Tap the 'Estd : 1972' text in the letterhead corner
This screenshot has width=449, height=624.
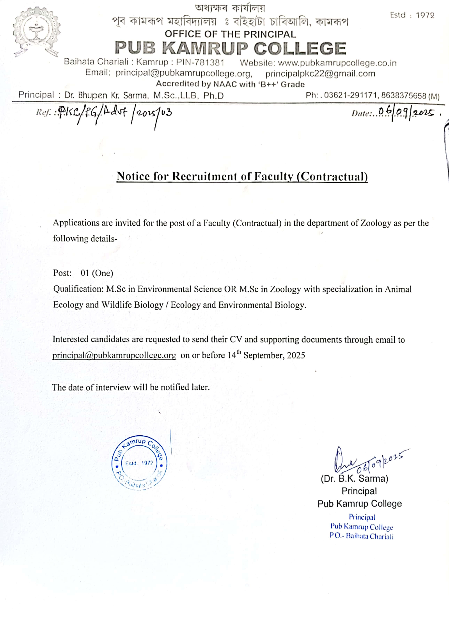tap(412, 15)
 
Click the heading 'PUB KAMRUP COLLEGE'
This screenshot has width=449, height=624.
tap(230, 48)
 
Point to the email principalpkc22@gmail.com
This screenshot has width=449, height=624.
tap(320, 74)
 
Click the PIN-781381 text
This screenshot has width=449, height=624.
tap(200, 62)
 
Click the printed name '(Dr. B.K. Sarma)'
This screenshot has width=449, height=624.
tap(354, 478)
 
